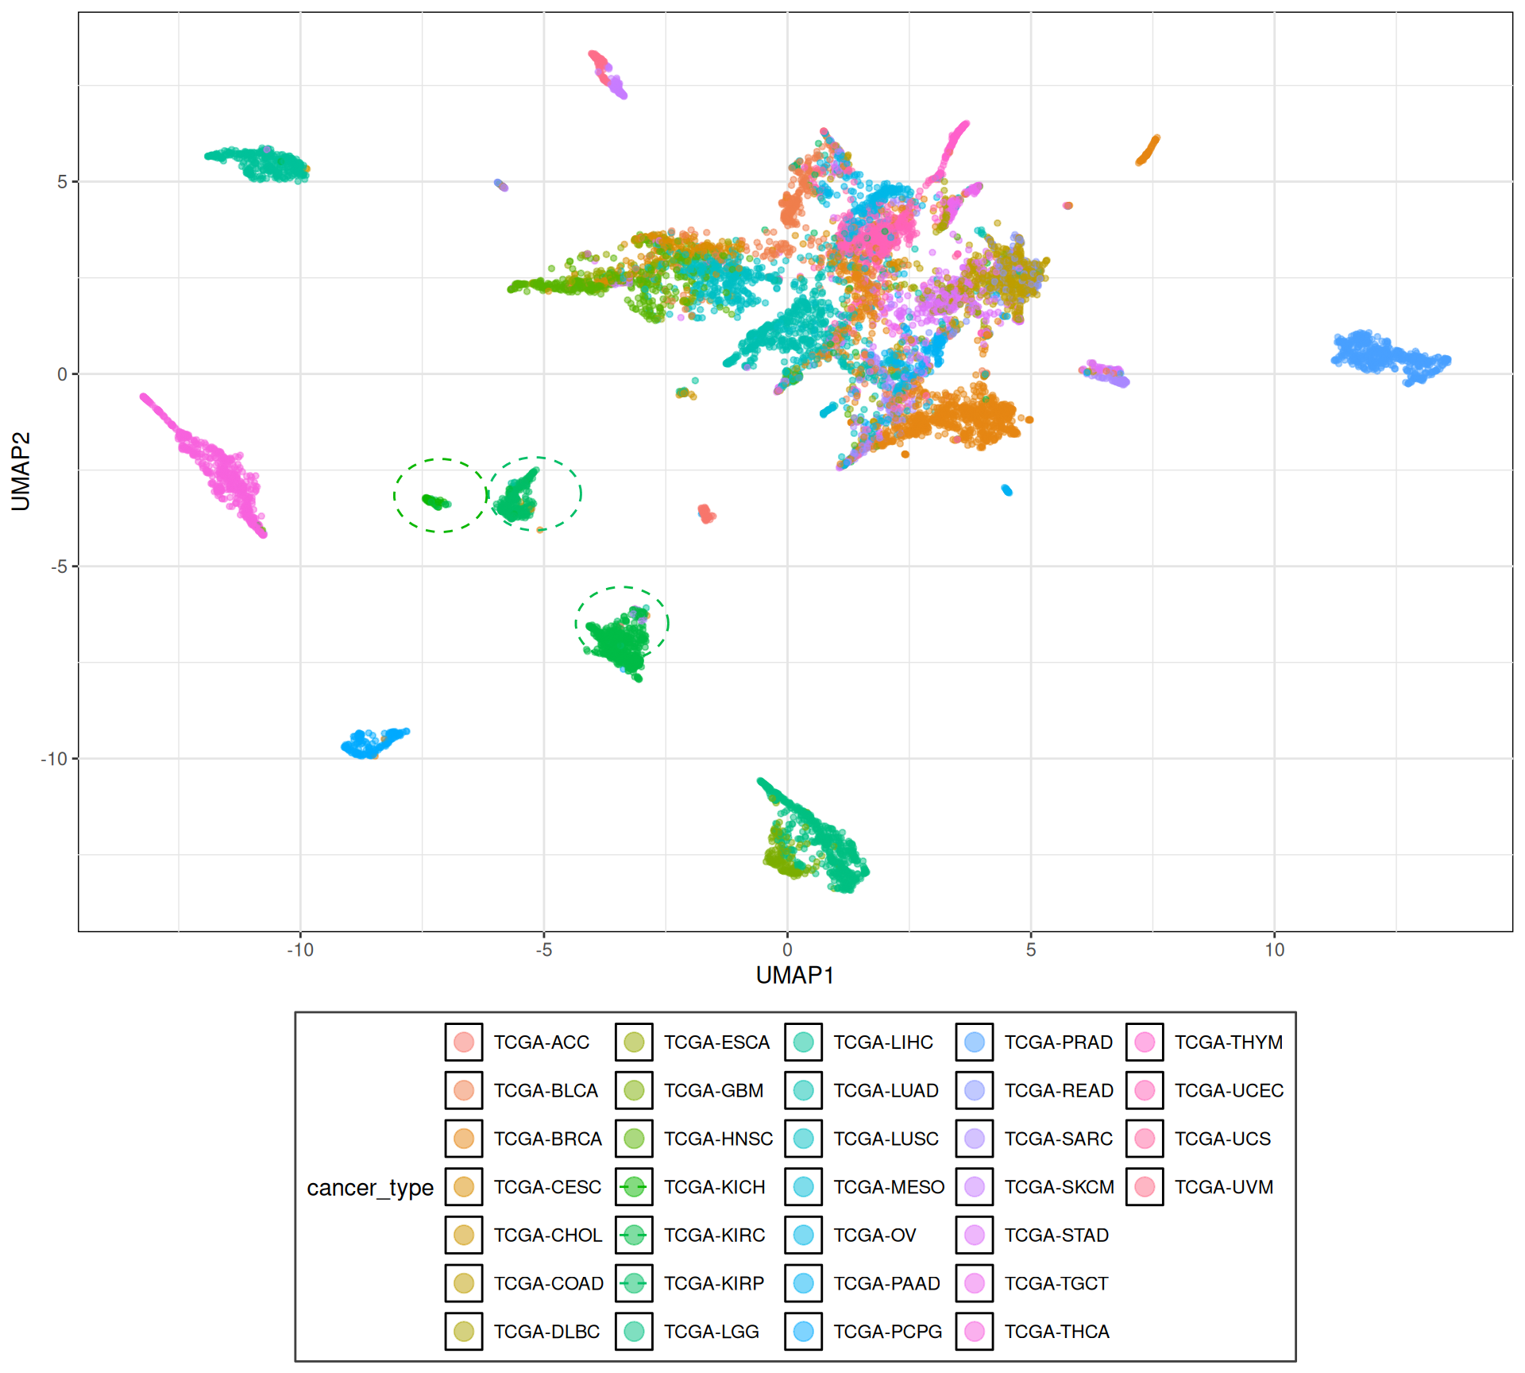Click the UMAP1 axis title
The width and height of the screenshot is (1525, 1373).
(x=794, y=975)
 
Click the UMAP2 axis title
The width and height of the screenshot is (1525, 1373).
(x=21, y=471)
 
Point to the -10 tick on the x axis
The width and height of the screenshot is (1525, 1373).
(x=300, y=949)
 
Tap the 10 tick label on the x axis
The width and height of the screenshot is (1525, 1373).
(x=1274, y=949)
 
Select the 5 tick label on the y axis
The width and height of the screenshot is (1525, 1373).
(x=62, y=182)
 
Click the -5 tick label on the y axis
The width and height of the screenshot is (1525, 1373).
(x=59, y=567)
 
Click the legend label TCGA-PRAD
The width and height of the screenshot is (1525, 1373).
(x=1058, y=1042)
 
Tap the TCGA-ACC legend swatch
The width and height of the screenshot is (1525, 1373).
(x=464, y=1042)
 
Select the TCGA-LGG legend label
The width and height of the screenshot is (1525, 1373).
(x=711, y=1332)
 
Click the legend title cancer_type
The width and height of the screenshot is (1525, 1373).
(x=370, y=1188)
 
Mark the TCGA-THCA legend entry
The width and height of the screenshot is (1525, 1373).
(x=1056, y=1332)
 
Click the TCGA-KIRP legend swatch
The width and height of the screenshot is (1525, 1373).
(x=634, y=1283)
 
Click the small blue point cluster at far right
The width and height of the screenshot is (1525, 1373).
(x=1388, y=357)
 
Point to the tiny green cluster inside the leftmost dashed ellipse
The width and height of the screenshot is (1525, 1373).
(x=435, y=502)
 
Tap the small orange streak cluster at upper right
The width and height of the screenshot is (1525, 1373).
(x=1148, y=150)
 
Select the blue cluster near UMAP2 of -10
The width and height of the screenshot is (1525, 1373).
(x=372, y=742)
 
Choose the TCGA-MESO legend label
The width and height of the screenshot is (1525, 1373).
(x=889, y=1187)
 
